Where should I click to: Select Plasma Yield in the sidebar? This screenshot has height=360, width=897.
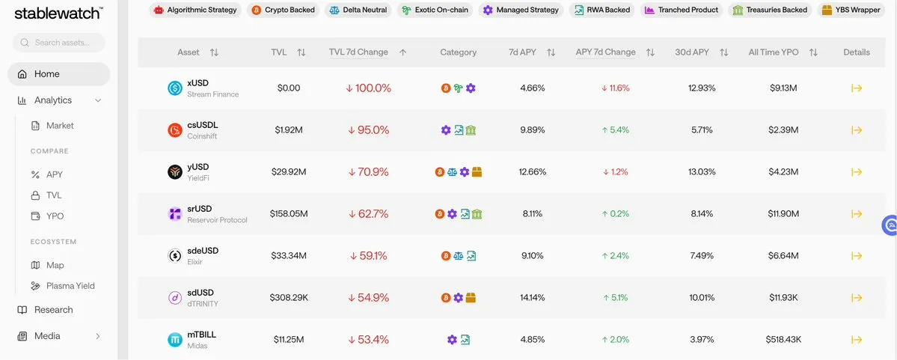70,286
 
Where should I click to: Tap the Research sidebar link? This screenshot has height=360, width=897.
53,310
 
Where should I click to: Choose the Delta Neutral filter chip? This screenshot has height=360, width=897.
357,10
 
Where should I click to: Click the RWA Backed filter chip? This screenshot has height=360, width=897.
602,10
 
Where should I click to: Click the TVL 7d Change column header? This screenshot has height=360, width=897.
358,52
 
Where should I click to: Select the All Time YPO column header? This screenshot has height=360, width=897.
774,52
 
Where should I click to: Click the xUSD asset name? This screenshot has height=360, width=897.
198,82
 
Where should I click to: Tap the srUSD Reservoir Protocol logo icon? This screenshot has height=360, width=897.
174,214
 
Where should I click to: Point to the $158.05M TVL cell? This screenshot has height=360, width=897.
289,214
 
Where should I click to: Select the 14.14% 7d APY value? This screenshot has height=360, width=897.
533,298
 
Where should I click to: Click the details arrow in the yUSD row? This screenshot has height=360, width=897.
857,172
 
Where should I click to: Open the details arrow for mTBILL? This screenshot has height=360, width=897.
857,340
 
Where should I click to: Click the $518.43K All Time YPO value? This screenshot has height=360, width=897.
783,340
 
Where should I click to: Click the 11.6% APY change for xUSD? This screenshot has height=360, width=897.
616,88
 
